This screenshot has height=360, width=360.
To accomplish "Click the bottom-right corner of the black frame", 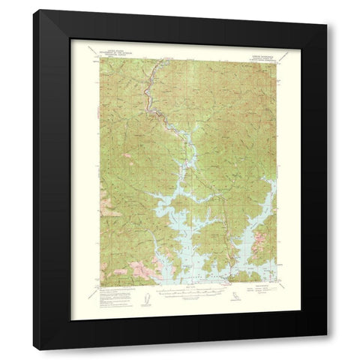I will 327,350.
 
